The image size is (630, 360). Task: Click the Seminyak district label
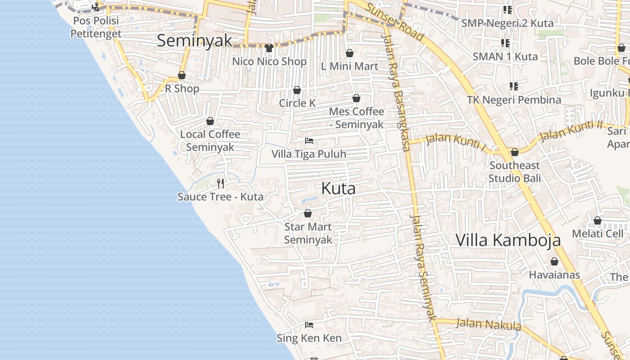pos(194,40)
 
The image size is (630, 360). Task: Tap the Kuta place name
pos(338,189)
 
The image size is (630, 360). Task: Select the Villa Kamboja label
pos(508,240)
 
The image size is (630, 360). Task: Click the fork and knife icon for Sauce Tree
pos(220,183)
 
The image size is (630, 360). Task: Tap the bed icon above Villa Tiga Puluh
pos(309,141)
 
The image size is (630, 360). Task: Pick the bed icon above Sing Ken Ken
pos(309,324)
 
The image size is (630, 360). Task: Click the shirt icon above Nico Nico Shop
pos(270,48)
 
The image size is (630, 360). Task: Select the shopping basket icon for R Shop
pos(182,75)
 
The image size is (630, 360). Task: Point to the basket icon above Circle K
pos(297,90)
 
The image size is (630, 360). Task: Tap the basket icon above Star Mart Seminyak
pos(308,213)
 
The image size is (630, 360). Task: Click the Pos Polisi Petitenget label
pos(96,27)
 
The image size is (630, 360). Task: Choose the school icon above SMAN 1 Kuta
pos(505,43)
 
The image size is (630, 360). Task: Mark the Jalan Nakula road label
pos(488,324)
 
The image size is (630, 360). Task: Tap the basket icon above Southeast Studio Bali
pos(515,152)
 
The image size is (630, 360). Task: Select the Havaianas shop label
pos(554,274)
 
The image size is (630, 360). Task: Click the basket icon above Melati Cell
pos(598,220)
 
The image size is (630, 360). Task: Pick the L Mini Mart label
pos(350,66)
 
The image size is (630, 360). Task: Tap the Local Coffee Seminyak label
pos(210,140)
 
